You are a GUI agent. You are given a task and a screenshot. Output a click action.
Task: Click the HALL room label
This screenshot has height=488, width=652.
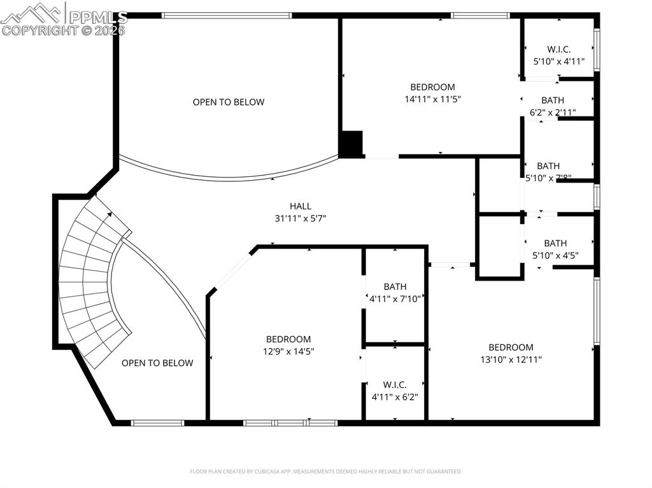coord(301,206)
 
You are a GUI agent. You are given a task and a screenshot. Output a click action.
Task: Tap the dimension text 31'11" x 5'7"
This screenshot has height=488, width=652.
coord(301,218)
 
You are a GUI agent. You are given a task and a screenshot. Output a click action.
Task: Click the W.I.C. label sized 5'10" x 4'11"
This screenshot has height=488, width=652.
coord(558,50)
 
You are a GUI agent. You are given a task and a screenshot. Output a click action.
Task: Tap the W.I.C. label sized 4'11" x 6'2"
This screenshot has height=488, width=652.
coord(394,385)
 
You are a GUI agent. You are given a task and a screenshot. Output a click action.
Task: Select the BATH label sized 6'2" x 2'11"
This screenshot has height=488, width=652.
coord(553,101)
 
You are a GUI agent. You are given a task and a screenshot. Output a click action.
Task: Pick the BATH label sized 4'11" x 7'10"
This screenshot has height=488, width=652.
coord(395,287)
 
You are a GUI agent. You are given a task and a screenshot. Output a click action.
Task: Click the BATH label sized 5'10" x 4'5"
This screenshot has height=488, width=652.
coord(555,243)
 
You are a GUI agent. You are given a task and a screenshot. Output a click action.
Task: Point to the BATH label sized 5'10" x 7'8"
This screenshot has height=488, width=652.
coord(548,166)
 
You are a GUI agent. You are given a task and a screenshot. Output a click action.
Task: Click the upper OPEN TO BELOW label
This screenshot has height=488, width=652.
coord(229,102)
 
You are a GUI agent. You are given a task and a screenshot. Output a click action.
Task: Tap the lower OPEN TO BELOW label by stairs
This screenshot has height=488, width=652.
coord(157,363)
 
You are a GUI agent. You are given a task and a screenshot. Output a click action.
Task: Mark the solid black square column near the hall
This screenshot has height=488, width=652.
coord(350,144)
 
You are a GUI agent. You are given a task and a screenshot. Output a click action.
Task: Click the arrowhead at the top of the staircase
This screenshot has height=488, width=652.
coord(111,214)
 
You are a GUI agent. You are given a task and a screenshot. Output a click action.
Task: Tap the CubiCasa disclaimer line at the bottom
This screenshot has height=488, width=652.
coord(326,471)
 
